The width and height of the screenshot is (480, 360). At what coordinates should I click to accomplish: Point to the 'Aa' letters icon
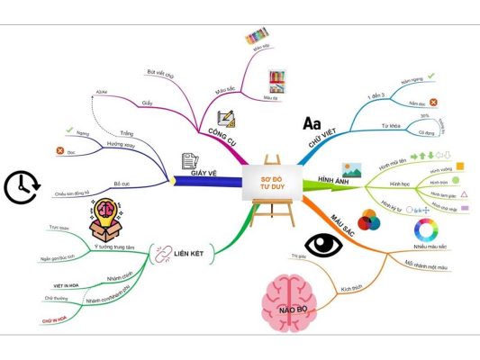pos(312,122)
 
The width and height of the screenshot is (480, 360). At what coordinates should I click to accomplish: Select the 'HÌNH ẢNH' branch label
pos(335,182)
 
